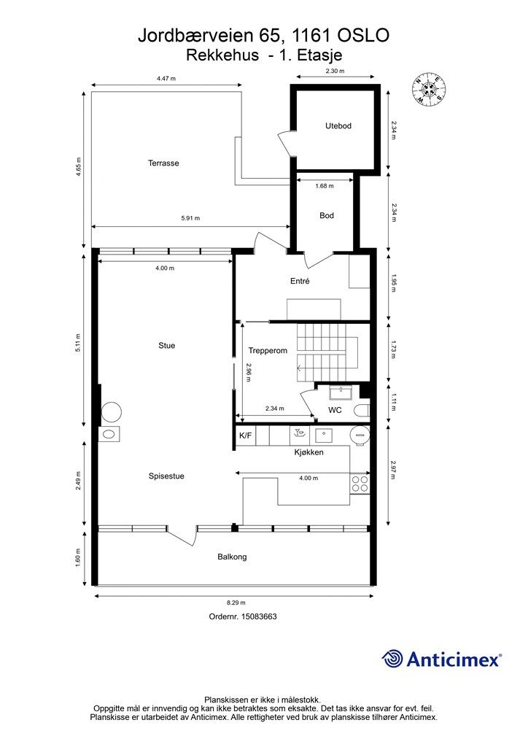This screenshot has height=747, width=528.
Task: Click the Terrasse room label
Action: coord(163,163)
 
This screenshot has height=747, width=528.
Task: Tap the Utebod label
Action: coord(338,125)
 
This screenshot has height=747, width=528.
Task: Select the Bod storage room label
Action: coord(327,215)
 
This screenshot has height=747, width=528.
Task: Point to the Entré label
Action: coord(300,281)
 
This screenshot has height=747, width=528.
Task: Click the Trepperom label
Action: coord(268,351)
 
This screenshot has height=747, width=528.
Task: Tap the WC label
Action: coord(335,410)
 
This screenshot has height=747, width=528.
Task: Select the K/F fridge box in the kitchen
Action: coord(246,436)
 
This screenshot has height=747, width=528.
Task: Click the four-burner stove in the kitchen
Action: coord(360,484)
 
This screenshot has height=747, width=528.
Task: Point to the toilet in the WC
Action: coord(362,410)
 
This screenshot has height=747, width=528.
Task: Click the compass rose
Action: coord(430,89)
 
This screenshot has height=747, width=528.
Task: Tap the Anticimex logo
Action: coord(441,659)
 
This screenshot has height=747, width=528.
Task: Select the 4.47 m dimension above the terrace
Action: coord(166,79)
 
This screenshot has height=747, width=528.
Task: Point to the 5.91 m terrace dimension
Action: coord(190,218)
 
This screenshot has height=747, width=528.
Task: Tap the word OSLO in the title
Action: coord(363,35)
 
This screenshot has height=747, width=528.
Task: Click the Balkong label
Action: coord(232,557)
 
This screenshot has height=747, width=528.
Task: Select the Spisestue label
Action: coord(166,476)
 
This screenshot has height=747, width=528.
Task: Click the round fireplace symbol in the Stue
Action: coord(112,411)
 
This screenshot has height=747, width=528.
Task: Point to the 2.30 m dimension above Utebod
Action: coord(335,71)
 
